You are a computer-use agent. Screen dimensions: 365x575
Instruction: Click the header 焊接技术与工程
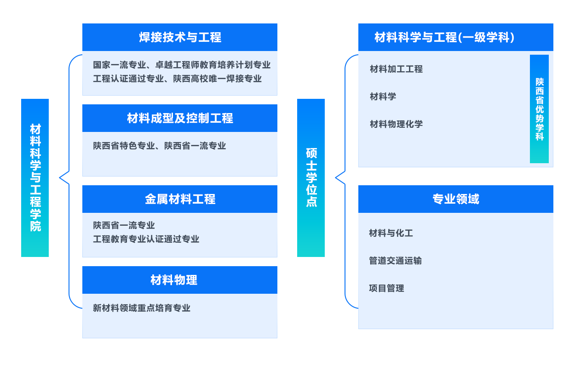(x=180, y=37)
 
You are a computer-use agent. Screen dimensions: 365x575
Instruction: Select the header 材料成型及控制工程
(x=180, y=118)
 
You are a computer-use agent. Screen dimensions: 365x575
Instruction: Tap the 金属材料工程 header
(x=180, y=199)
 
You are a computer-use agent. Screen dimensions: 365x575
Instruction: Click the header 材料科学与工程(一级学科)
(x=444, y=37)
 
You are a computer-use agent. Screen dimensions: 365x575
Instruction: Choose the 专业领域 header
(x=455, y=199)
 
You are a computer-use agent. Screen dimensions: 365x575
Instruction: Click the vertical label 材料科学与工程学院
(x=35, y=177)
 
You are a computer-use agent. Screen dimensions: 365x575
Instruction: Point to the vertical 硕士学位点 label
(x=311, y=177)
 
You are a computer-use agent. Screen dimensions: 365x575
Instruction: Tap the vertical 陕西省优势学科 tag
(x=539, y=109)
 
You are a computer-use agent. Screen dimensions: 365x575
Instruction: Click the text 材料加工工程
(x=396, y=69)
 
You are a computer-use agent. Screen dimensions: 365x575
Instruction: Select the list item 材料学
(x=383, y=97)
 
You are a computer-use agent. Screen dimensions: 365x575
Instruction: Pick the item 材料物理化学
(x=396, y=124)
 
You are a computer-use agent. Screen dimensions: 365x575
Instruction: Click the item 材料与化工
(x=391, y=233)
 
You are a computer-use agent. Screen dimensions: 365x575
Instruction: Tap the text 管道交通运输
(x=395, y=261)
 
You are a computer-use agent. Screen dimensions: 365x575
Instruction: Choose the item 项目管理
(x=386, y=288)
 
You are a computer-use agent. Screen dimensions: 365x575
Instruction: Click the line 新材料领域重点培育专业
(x=142, y=308)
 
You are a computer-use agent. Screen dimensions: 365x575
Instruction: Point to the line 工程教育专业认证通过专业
(x=146, y=239)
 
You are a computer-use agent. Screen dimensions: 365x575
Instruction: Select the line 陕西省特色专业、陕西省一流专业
(x=160, y=146)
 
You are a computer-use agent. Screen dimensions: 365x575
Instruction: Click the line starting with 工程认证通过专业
(x=177, y=79)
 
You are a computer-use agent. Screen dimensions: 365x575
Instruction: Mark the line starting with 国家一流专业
(x=182, y=65)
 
